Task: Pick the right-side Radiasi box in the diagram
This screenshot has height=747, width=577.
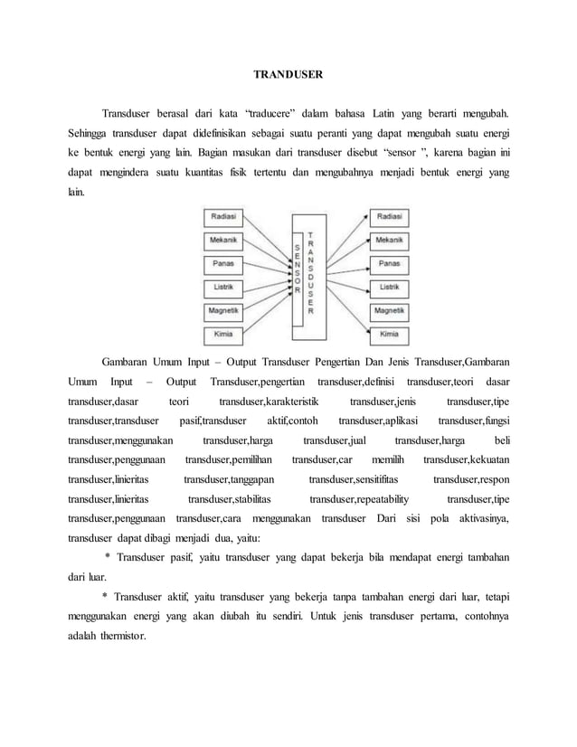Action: (389, 218)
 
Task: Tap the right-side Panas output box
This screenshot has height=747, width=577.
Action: (389, 264)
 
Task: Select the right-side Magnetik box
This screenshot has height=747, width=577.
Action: (389, 311)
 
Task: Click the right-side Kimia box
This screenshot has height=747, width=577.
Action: (389, 335)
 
